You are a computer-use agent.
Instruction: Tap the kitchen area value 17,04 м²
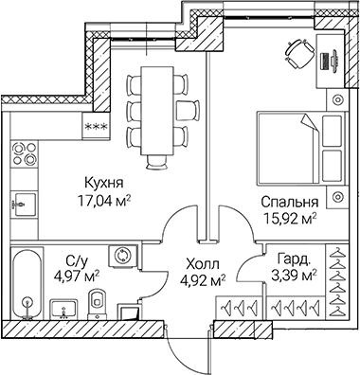pos(104,200)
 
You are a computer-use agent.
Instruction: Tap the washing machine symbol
pos(122,257)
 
